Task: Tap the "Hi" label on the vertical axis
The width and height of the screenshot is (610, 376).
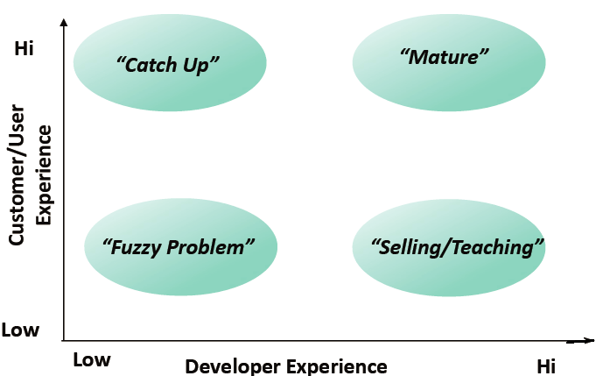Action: coord(24,49)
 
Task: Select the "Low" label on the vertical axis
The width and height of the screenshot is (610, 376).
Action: coord(20,330)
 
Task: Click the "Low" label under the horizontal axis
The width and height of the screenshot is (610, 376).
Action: coord(91,359)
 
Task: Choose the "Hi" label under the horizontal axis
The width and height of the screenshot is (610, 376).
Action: coord(546,365)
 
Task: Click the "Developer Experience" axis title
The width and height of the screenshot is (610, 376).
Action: coord(285,366)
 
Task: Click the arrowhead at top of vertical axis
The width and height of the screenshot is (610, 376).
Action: coord(63,23)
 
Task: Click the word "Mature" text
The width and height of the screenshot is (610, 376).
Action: coord(444,58)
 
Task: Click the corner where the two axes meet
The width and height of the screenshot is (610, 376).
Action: coord(63,340)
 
